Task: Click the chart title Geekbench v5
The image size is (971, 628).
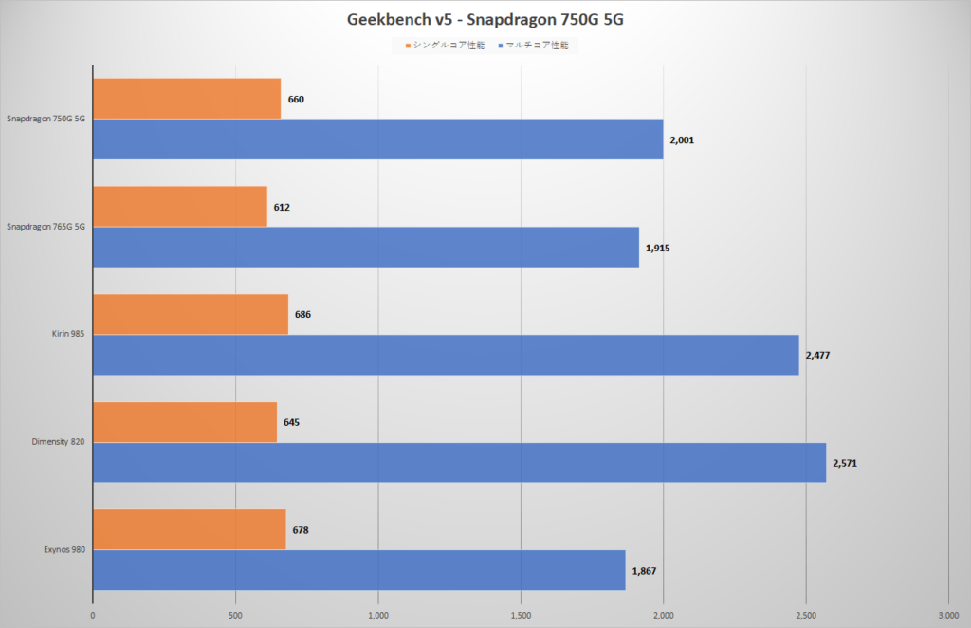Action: point(485,19)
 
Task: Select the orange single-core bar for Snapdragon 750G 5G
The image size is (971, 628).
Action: point(187,99)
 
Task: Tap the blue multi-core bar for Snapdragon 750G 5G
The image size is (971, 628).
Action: point(378,139)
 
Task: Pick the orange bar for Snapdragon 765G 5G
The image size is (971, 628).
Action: point(180,207)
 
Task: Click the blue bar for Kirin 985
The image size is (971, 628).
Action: point(446,355)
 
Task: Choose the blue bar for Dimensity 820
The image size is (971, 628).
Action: point(459,463)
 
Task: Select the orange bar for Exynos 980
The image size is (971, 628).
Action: point(189,529)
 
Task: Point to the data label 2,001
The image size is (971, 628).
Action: point(683,139)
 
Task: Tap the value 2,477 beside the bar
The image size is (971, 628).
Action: point(818,355)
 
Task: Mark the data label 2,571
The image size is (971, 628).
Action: point(845,463)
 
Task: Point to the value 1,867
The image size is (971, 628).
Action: point(645,571)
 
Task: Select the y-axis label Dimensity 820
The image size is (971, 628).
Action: point(58,443)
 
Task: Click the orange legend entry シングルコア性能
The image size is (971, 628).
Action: point(446,45)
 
